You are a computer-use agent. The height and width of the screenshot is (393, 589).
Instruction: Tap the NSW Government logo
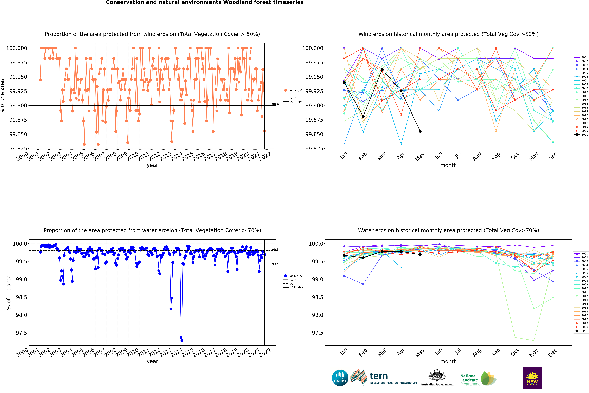[532, 378]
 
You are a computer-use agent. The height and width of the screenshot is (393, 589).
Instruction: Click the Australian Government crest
[437, 375]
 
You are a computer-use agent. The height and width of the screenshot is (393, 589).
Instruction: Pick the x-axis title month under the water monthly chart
[448, 361]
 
